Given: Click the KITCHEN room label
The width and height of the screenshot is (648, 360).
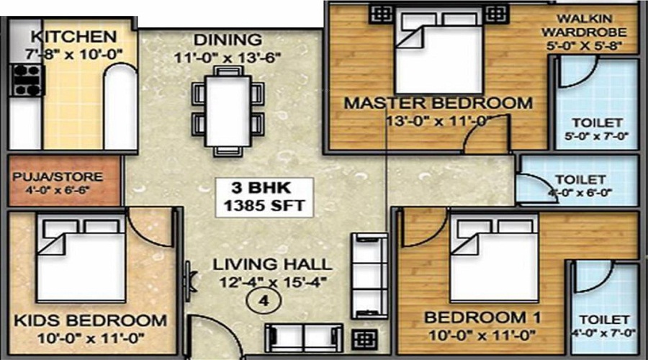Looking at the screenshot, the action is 73,37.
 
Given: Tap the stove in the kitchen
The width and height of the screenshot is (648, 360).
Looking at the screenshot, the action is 27,80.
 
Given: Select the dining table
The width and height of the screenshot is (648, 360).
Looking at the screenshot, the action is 228,111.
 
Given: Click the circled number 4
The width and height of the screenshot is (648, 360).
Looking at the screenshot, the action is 264,301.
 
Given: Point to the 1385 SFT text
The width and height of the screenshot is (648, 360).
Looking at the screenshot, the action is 264,205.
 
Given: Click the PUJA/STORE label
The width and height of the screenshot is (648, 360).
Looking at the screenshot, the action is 58,177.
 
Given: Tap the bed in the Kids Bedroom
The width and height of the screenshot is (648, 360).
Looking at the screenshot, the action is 81,258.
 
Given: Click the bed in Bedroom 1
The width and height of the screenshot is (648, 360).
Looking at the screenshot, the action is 495,258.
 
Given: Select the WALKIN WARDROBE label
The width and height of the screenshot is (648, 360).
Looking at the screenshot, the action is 584,25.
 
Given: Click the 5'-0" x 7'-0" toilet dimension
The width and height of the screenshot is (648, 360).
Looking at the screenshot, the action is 596,135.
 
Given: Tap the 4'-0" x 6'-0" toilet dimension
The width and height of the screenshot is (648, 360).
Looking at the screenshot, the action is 580,193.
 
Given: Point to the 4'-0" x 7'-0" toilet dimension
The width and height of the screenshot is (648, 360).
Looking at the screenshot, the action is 604,333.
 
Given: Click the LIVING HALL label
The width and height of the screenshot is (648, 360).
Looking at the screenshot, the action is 272,264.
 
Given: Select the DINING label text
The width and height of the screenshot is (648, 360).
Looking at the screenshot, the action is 228,40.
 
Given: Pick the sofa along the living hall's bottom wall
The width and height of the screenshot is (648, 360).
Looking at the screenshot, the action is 304,338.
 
